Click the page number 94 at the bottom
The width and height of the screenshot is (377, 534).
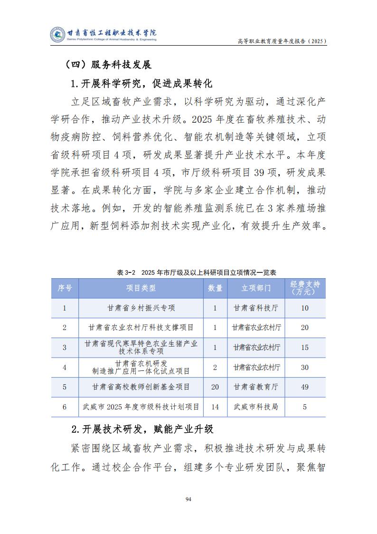point(188,499)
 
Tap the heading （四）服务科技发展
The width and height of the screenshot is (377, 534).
point(108,65)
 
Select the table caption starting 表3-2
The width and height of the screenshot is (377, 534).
point(197,272)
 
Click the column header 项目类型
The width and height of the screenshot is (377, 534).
point(141,288)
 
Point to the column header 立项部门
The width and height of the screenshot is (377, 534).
point(256,288)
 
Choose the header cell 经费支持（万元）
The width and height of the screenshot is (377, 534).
point(305,288)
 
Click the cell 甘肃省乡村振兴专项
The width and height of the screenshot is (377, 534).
point(141,308)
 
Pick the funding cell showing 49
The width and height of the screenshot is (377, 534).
point(305,387)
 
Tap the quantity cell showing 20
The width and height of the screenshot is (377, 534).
point(215,387)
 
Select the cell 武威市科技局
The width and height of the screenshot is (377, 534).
point(256,407)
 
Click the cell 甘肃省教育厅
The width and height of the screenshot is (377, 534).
point(256,387)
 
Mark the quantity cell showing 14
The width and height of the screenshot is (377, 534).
point(215,407)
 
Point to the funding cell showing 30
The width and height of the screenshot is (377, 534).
point(305,368)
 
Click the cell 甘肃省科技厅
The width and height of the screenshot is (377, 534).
point(256,308)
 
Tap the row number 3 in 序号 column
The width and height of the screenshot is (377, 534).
point(65,348)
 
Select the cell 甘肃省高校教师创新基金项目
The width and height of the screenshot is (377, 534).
point(141,387)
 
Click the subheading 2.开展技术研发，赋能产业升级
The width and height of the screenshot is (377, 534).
point(142,429)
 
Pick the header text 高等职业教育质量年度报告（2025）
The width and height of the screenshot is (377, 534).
point(282,42)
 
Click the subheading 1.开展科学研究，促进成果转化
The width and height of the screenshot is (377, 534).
point(141,84)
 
